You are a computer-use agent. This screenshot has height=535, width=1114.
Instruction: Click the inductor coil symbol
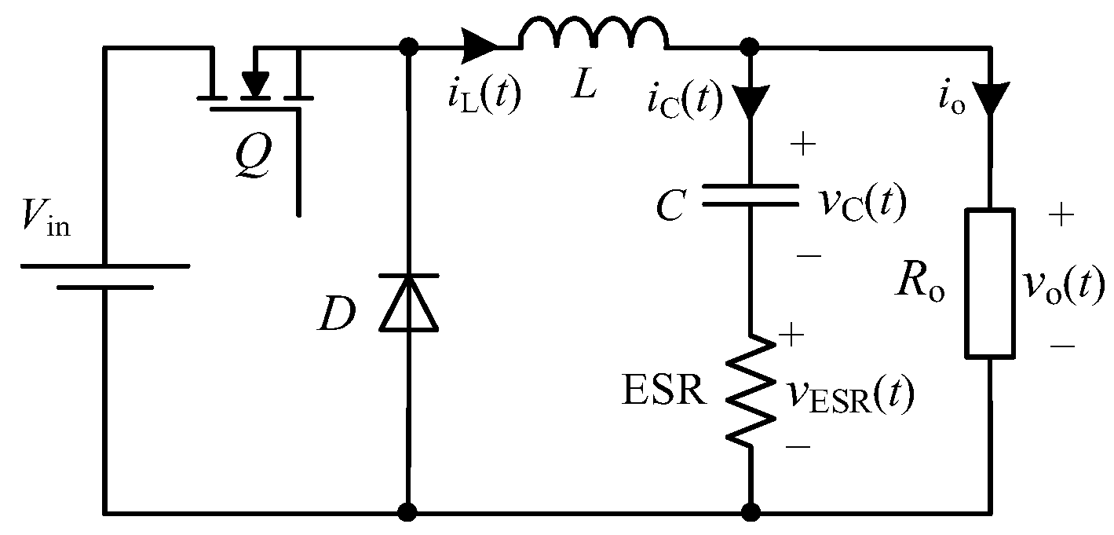[594, 35]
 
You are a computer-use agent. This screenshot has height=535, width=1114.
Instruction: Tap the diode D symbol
[408, 303]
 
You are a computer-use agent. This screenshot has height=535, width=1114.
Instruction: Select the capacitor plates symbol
[750, 195]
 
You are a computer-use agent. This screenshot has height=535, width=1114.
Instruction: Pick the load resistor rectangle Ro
[989, 284]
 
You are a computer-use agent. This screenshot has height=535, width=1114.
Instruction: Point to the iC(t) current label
[683, 102]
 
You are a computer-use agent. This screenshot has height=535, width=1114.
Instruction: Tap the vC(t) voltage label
[860, 203]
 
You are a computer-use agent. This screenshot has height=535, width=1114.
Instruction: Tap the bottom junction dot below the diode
[408, 513]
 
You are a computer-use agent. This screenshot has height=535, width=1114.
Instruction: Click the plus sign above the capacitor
[807, 147]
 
